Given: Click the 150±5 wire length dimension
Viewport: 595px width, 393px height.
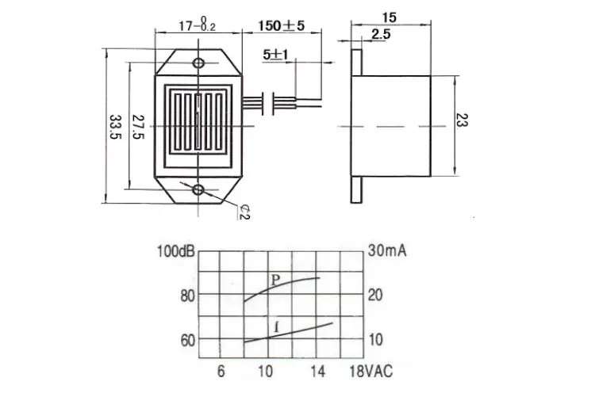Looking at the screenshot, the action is (x=282, y=26).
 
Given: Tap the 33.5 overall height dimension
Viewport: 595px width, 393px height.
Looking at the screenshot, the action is (x=115, y=127).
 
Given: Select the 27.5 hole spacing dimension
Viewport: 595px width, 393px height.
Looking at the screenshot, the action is (x=138, y=126).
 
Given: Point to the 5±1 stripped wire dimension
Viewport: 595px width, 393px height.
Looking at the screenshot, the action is (x=275, y=55).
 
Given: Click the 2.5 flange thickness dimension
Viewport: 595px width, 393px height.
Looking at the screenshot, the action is (x=381, y=35).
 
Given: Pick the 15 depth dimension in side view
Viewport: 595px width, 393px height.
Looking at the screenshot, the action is (x=390, y=17).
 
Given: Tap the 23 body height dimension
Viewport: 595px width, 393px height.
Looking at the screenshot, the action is (x=463, y=120).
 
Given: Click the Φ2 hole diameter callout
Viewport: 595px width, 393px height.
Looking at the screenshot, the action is (x=245, y=212).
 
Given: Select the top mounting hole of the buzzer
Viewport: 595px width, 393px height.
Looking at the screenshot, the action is (x=198, y=63).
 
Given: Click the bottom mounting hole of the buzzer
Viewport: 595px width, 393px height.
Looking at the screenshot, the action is (x=198, y=190).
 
